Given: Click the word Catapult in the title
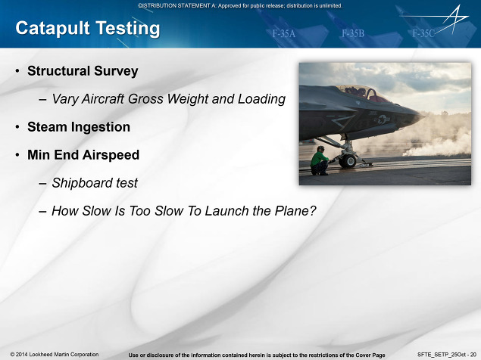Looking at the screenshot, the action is [52, 29].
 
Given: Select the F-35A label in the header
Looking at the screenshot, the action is [284, 33].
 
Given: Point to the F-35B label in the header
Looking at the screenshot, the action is [353, 33].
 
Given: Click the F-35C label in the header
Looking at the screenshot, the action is [423, 33].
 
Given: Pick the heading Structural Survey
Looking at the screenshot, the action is [83, 71].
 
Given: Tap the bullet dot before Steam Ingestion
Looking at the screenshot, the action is [17, 127].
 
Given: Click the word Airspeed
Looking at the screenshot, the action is [111, 155].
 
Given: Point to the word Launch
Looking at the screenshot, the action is [226, 211].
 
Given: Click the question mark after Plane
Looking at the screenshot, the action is [313, 211].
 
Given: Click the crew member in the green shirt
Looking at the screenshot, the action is [320, 161].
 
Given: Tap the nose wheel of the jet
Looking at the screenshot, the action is [348, 161].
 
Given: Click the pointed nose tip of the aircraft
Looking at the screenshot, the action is [424, 116].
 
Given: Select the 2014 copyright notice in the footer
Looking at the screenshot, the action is [55, 355].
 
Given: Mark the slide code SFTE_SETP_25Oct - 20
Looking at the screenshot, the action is [447, 355].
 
